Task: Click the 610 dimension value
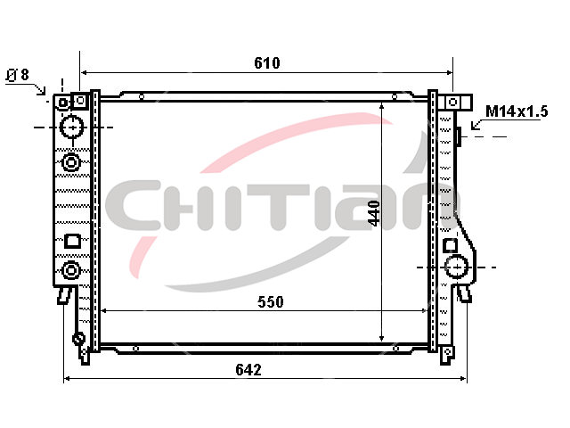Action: pos(267,63)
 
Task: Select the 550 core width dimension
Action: pos(271,301)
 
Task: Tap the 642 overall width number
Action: pos(248,370)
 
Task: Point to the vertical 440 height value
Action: pos(374,213)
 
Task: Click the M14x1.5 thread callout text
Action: pos(517,111)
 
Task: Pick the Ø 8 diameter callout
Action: pos(17,75)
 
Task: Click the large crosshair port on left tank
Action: pos(72,128)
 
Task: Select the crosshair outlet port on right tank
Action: pos(456,267)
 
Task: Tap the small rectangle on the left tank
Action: pos(73,242)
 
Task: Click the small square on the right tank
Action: pos(451,245)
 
